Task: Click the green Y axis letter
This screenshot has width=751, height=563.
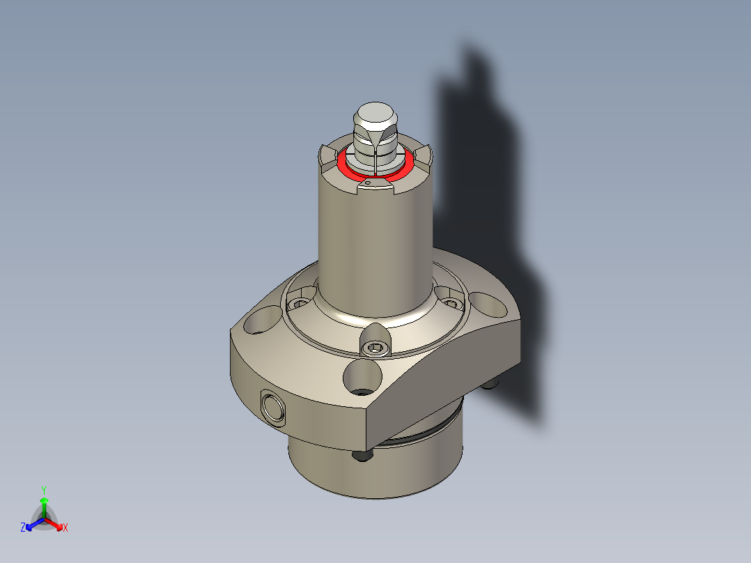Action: (44, 489)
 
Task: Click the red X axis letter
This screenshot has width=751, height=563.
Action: (65, 528)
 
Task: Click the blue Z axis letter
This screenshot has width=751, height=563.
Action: (23, 528)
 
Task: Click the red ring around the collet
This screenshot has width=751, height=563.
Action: (346, 168)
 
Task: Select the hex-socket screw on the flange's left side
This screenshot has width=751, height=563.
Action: (300, 304)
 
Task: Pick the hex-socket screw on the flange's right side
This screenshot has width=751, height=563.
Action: (451, 303)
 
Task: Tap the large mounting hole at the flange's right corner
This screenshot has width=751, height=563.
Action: (490, 303)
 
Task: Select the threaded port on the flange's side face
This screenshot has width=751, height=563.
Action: (271, 406)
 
